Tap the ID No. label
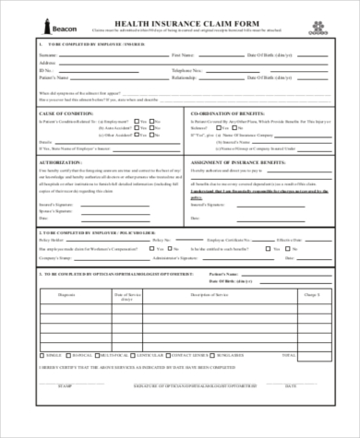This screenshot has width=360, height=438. tap(45, 69)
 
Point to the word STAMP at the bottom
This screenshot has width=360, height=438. tap(62, 409)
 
